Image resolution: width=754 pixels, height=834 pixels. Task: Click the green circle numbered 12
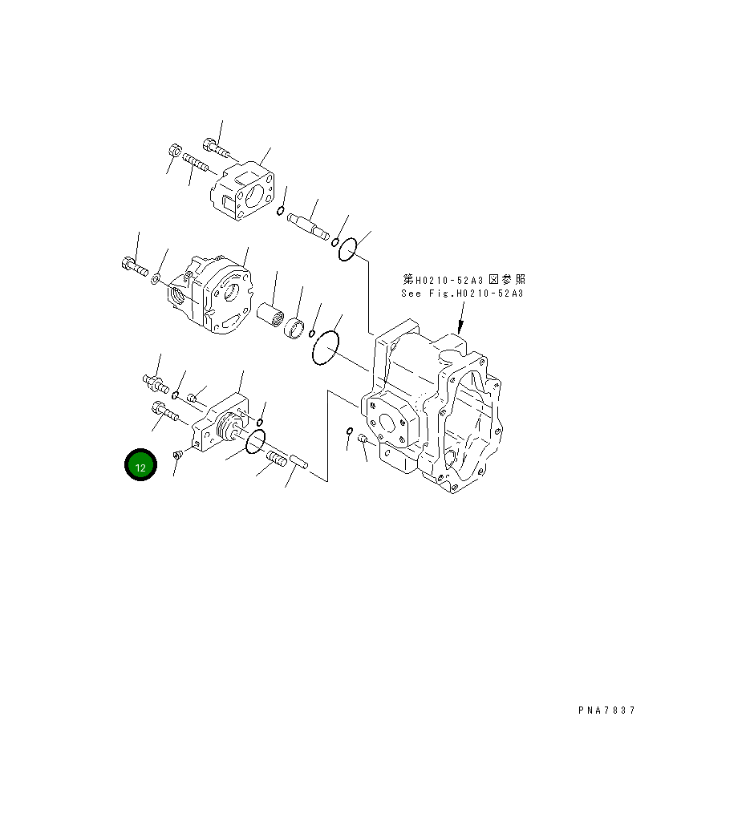pos(140,466)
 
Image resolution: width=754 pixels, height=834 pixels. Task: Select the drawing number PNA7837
pos(606,711)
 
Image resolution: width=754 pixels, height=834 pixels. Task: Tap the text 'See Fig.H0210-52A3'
pos(462,294)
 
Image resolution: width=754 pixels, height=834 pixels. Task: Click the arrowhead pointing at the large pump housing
pos(459,328)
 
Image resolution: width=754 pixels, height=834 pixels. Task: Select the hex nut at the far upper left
pos(175,151)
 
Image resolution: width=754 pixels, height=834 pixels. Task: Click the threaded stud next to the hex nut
pos(196,163)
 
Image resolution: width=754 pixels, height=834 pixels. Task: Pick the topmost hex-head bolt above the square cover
pos(215,148)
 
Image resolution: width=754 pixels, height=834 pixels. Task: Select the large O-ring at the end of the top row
pos(347,250)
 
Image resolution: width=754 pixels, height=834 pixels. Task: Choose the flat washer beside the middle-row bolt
pos(156,278)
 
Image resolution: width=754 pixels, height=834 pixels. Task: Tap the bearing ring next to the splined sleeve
pos(296,329)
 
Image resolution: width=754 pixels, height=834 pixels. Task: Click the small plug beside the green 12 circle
pos(178,455)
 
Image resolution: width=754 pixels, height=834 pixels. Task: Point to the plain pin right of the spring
pos(302,463)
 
